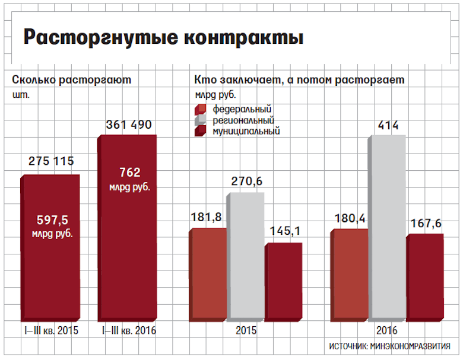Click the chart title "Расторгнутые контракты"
coord(163,38)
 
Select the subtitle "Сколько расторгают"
coord(71,79)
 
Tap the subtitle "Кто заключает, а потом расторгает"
coord(299,79)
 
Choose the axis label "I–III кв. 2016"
coord(128,330)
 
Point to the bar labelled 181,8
coord(207,273)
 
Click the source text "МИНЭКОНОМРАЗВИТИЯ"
coord(410,346)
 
